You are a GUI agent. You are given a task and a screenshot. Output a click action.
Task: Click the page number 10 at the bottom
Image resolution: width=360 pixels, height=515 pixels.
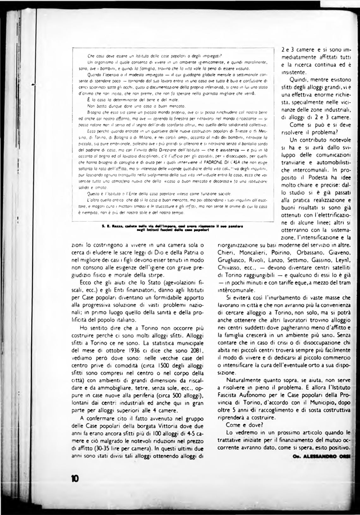(75, 478)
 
